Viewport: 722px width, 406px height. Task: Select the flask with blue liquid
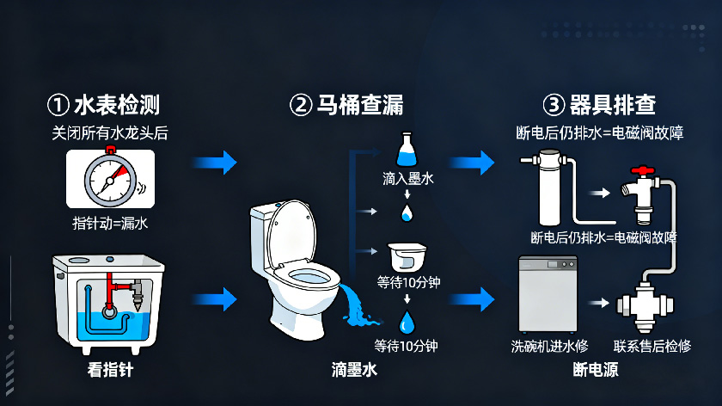pos(407,151)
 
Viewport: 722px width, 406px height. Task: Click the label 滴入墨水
pos(407,181)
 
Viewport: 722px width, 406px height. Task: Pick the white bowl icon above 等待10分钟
pos(407,255)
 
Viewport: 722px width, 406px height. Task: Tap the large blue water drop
pos(407,323)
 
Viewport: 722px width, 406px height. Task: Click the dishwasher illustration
pos(547,292)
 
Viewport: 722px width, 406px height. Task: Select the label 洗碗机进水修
pos(550,346)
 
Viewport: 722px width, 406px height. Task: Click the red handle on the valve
pos(639,172)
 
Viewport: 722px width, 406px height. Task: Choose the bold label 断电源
pos(596,371)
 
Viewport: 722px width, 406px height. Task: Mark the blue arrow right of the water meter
pos(213,162)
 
